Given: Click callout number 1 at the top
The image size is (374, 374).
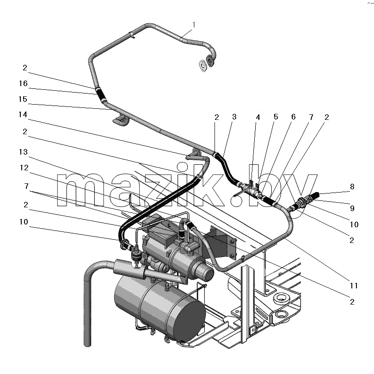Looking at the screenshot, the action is [194, 25].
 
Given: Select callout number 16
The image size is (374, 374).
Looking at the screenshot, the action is [24, 83].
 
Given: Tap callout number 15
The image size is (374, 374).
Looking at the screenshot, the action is [23, 99].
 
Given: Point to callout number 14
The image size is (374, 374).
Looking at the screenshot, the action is [23, 115].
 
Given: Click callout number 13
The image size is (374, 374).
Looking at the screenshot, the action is [24, 152].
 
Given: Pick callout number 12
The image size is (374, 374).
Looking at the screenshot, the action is [24, 168].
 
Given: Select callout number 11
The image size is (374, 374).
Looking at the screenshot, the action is [354, 286].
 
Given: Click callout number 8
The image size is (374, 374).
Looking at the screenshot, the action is [352, 187].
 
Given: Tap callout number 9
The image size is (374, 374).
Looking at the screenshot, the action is [352, 208].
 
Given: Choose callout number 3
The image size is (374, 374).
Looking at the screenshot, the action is [234, 117].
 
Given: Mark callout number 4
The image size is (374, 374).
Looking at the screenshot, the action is [258, 117].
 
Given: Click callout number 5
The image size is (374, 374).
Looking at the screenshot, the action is [276, 117].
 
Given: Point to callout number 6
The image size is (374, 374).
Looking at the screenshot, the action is [294, 117].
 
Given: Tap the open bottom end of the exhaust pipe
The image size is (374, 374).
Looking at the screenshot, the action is [87, 344].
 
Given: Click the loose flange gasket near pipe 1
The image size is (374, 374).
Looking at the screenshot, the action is [203, 65].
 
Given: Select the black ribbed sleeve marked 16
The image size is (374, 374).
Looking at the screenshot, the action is [101, 94].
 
